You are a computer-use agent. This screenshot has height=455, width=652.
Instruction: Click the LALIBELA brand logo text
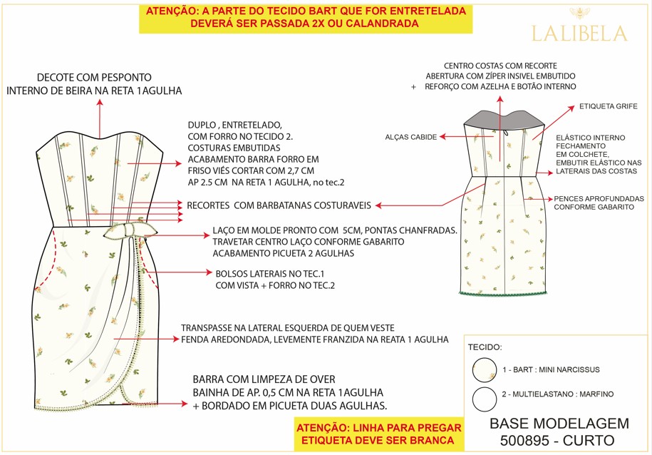pyautogui.click(x=579, y=34)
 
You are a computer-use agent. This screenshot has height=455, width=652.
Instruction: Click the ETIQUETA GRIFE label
pyautogui.click(x=609, y=106)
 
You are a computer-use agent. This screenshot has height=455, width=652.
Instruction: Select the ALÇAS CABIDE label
pyautogui.click(x=411, y=137)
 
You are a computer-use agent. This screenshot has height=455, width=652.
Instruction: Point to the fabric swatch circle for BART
pyautogui.click(x=485, y=369)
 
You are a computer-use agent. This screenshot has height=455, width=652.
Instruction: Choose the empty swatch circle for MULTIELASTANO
pyautogui.click(x=485, y=399)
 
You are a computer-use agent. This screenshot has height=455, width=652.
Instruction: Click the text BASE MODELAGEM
pyautogui.click(x=559, y=424)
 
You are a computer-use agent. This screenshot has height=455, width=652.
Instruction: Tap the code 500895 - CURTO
pyautogui.click(x=557, y=441)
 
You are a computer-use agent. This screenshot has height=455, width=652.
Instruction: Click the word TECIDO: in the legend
pyautogui.click(x=485, y=347)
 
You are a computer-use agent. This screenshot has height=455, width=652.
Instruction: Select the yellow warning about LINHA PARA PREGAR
pyautogui.click(x=379, y=434)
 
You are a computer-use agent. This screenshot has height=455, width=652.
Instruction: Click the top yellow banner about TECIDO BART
pyautogui.click(x=306, y=18)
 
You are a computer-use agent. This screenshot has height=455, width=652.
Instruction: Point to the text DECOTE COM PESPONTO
pyautogui.click(x=94, y=78)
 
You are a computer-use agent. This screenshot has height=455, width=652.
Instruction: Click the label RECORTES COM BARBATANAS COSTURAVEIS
pyautogui.click(x=279, y=205)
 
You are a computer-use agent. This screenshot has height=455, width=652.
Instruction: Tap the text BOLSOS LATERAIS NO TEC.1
pyautogui.click(x=270, y=274)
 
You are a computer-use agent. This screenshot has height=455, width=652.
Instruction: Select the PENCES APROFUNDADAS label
pyautogui.click(x=599, y=198)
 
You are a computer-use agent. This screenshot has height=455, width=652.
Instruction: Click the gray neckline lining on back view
pyautogui.click(x=504, y=118)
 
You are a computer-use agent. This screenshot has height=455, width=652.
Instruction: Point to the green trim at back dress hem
pyautogui.click(x=503, y=295)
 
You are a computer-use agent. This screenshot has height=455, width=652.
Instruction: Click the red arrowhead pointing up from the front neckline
pyautogui.click(x=100, y=103)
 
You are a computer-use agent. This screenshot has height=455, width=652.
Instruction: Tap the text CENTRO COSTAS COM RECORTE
pyautogui.click(x=500, y=66)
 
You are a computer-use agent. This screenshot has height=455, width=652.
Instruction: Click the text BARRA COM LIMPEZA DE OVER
pyautogui.click(x=264, y=379)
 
